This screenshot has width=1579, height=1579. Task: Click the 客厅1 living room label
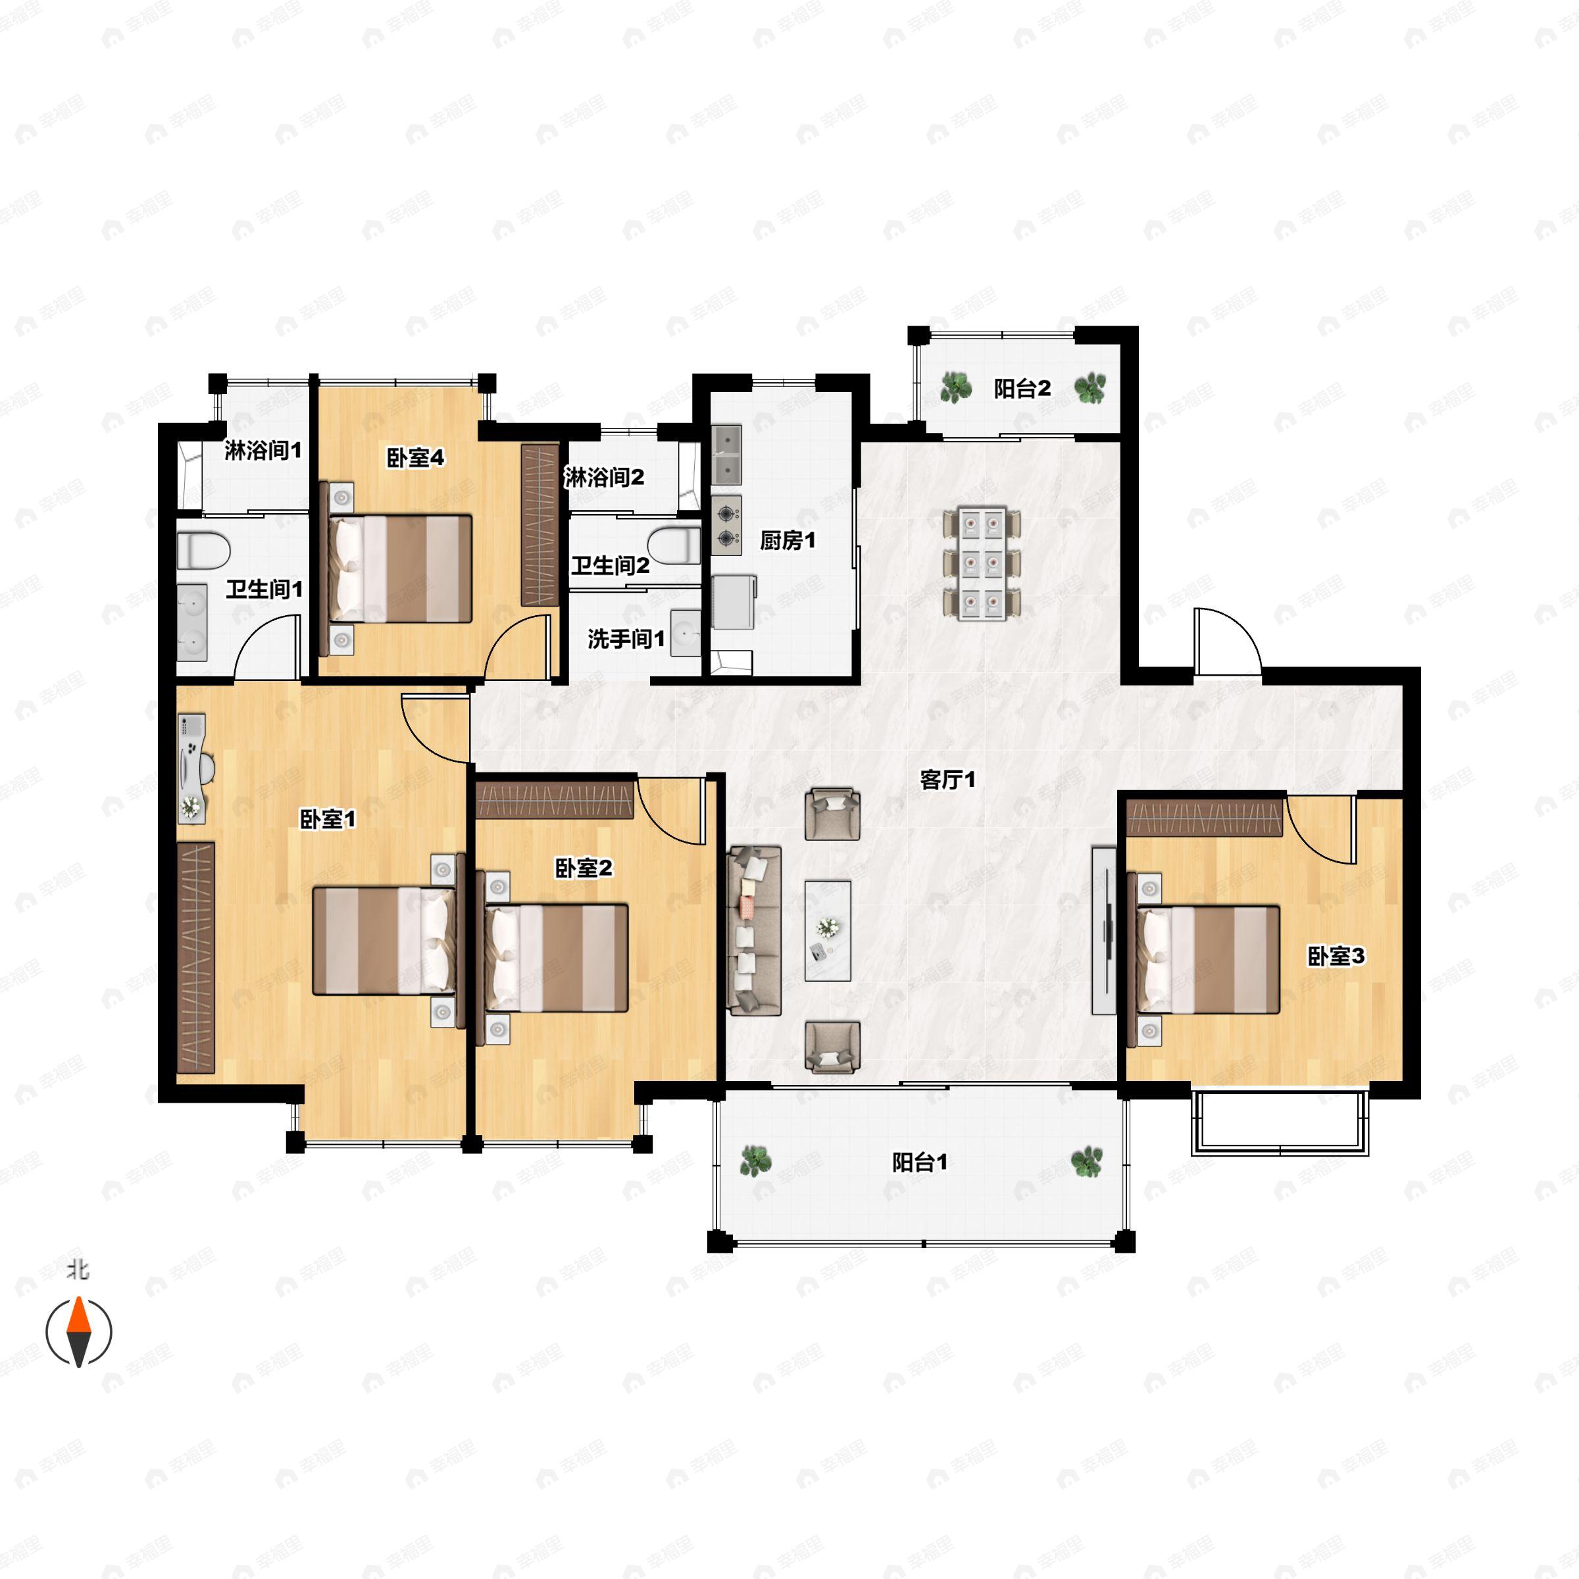click(947, 780)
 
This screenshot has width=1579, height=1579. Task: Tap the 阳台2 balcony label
click(1022, 389)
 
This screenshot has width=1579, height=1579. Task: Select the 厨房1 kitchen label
click(788, 540)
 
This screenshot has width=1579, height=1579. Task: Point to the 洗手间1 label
click(626, 638)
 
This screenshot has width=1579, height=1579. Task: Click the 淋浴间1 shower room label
click(263, 449)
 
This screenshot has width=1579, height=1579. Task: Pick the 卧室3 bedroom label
click(1336, 956)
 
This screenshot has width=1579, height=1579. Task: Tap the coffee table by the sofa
click(828, 931)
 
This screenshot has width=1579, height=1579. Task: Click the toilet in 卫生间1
click(203, 550)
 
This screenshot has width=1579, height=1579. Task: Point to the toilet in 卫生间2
click(675, 546)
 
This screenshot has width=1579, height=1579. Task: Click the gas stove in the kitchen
click(726, 526)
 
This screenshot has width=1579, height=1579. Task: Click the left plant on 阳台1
click(755, 1161)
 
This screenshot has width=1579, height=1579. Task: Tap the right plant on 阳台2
click(1090, 388)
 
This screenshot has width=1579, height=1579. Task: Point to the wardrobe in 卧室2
click(555, 800)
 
